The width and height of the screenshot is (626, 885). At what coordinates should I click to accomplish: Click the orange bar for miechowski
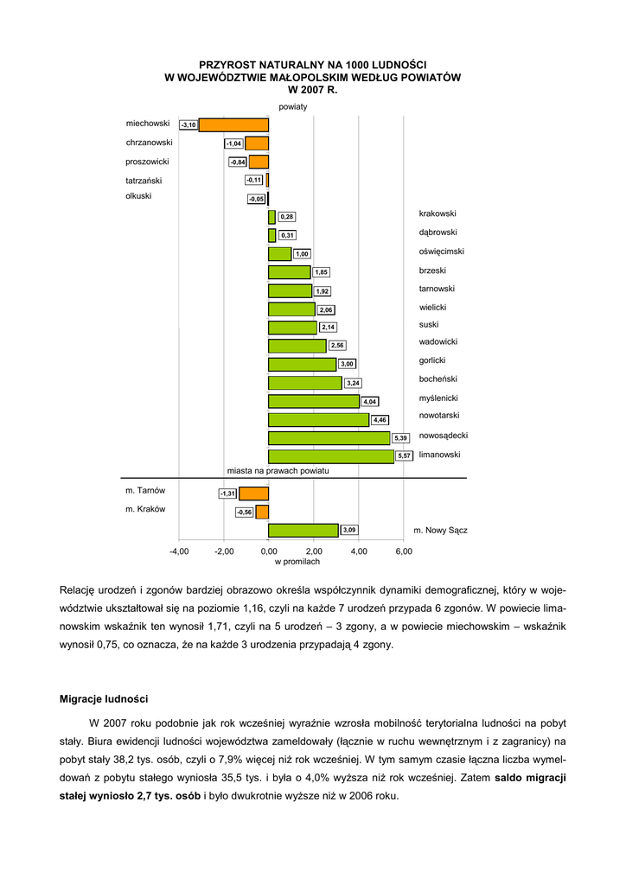click(233, 124)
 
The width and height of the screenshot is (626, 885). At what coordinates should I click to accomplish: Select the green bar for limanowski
click(331, 455)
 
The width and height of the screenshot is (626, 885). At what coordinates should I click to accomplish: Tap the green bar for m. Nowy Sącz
click(303, 530)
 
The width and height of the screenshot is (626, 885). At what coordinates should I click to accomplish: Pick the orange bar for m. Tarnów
click(254, 493)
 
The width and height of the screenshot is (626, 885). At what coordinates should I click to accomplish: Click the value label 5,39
click(400, 438)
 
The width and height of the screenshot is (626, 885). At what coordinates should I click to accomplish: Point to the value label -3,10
click(188, 125)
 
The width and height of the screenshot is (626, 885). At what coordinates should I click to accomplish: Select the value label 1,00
click(302, 254)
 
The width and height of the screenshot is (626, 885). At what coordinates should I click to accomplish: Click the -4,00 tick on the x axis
click(179, 551)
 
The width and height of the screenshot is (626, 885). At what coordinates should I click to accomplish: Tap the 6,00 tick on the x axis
click(404, 551)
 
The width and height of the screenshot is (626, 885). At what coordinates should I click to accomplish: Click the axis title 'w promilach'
click(297, 562)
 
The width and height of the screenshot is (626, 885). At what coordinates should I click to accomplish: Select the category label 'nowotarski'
click(438, 416)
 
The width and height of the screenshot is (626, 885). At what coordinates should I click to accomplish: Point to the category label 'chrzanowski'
click(150, 142)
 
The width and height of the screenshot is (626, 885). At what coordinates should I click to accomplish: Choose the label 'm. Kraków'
click(145, 509)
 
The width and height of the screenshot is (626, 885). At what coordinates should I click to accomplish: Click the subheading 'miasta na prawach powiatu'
click(278, 472)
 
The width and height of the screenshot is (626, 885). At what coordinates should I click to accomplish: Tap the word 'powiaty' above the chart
click(293, 106)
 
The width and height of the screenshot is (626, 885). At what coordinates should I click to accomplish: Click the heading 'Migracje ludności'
click(104, 697)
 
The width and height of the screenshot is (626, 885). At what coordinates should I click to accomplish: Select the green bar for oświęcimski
click(280, 254)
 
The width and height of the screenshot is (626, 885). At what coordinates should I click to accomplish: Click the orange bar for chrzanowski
click(257, 143)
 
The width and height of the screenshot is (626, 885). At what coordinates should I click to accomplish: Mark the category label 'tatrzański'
click(144, 181)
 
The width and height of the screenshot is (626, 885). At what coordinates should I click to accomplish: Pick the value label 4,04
click(369, 401)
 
